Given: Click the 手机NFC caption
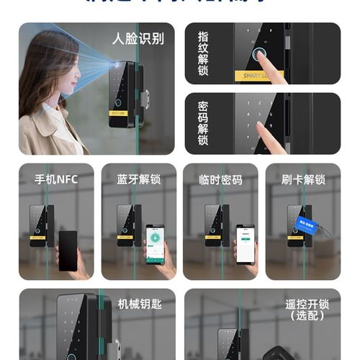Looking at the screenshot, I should click(55, 179).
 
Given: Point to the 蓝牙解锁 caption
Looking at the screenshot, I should click(138, 179).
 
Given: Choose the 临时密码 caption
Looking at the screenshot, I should click(220, 179).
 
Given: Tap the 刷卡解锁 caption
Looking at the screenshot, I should click(303, 179).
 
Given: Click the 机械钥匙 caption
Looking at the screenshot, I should click(139, 304).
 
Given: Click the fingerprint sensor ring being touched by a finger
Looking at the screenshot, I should click(257, 53).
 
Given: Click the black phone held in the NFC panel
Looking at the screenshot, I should click(68, 250).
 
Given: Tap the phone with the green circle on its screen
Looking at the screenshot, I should click(155, 244).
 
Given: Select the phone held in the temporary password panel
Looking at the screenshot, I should click(246, 245).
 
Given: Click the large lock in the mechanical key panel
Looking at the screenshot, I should click(79, 328).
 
